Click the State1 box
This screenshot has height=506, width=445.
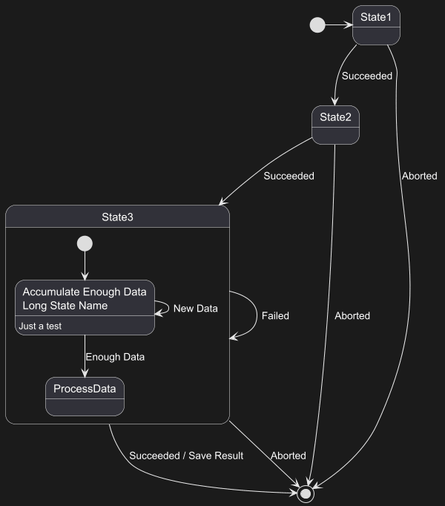coord(376,25)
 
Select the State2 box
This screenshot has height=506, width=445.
coord(335,125)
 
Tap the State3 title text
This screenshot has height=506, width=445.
coord(117,217)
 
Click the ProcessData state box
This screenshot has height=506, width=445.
coord(85,396)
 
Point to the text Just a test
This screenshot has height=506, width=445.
coord(40,326)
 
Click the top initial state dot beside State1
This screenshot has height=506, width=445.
coord(317,25)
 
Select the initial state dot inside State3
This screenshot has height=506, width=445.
coord(85,243)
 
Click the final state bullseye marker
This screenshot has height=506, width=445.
coord(305,493)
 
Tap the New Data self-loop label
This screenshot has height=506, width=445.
coord(196,308)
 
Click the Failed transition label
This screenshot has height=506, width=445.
coord(275,315)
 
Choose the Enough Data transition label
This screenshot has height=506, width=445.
coord(115,357)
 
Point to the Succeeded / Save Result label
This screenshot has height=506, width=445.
coord(186,456)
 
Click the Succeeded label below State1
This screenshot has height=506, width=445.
coord(367,76)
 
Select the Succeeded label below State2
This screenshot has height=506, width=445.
coord(289,176)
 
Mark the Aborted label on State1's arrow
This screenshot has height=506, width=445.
coord(419,176)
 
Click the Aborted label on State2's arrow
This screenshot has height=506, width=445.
coord(352,315)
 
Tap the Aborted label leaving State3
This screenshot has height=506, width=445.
coord(288,456)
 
